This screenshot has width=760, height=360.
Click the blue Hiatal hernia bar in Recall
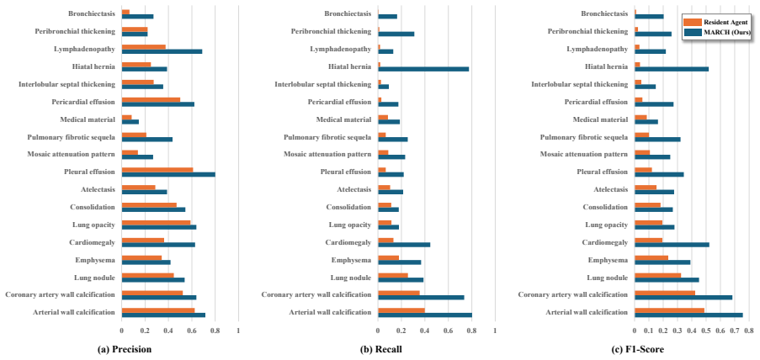pos(423,69)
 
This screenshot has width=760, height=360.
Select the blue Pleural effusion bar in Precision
pos(168,174)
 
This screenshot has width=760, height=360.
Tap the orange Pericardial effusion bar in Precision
pos(151,100)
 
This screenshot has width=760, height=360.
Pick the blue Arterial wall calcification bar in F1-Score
pos(688,315)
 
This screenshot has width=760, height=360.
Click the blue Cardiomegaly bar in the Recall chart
pos(404,245)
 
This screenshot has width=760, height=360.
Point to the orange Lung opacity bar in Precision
pos(156,222)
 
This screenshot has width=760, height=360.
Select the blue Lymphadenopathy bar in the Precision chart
pos(162,51)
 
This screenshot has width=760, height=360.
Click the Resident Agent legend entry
pos(716,22)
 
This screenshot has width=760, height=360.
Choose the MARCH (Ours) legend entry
pos(716,32)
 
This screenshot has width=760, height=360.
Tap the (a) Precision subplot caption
pos(125,349)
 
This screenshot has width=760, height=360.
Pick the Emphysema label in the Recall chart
pos(352,260)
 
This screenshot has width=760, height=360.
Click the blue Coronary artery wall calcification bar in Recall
pos(421,298)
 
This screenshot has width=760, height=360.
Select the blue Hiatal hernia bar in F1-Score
pos(672,69)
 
